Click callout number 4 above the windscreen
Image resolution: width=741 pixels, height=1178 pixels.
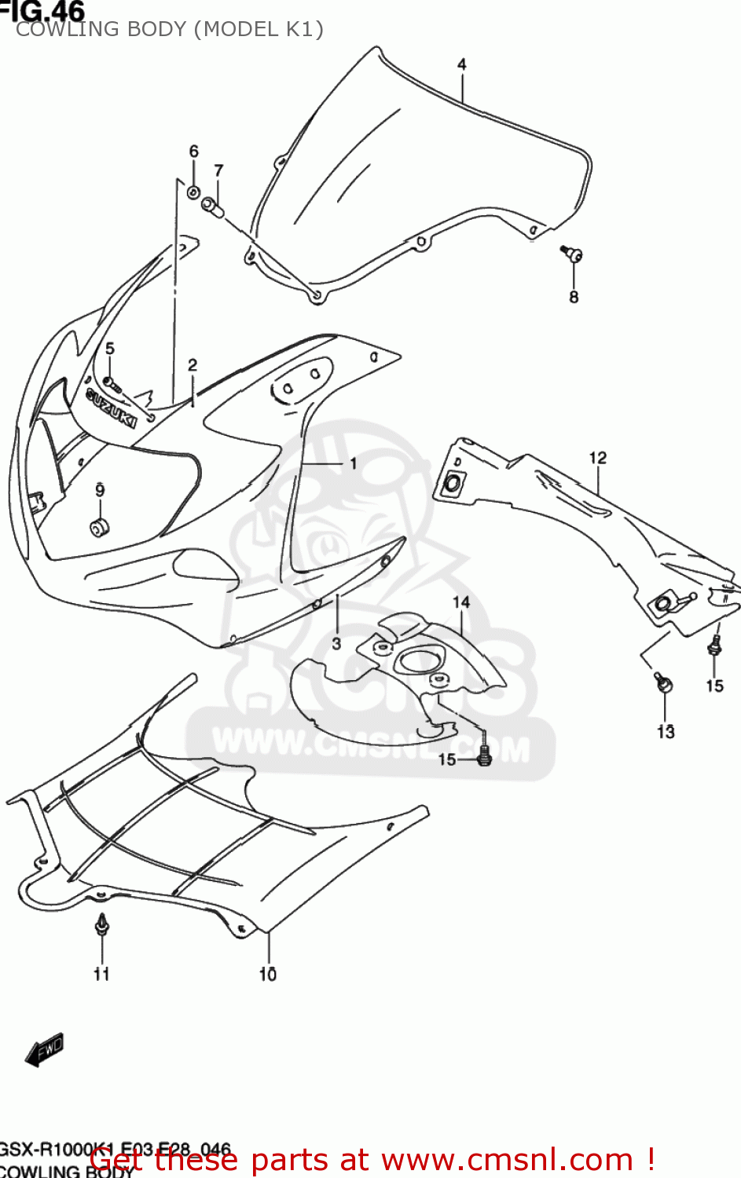[x=462, y=64]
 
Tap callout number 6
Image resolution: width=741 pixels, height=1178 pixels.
[x=193, y=151]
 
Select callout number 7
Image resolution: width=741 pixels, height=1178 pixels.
[x=218, y=170]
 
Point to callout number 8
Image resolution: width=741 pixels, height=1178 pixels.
[x=574, y=297]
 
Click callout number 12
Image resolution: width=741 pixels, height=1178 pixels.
[x=598, y=458]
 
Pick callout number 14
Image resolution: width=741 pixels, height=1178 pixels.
[x=460, y=602]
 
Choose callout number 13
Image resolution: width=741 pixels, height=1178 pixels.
[x=666, y=732]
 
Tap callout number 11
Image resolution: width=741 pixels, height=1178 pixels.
[x=101, y=974]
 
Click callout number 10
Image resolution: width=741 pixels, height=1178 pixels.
[x=268, y=974]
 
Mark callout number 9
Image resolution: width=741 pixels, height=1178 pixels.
[x=100, y=491]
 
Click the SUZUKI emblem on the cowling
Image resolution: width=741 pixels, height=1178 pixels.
[x=111, y=408]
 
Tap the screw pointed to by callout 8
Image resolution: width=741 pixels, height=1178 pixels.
[x=572, y=253]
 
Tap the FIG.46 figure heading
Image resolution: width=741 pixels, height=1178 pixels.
[x=42, y=11]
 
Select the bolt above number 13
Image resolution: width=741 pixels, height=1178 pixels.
[x=664, y=683]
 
